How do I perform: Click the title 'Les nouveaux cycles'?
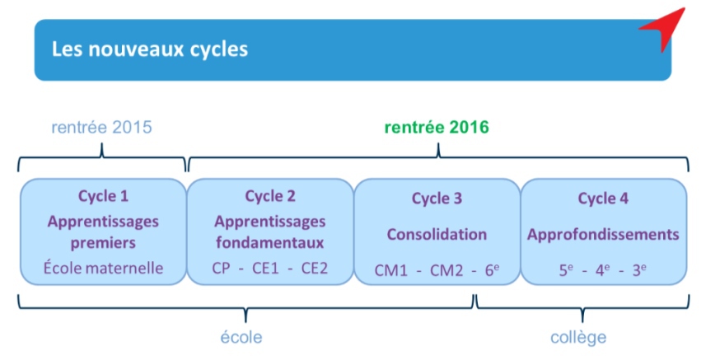coord(150,49)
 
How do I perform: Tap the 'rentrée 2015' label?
coord(102,128)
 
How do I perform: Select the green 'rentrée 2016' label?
coord(437,128)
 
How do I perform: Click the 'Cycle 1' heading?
coord(104,196)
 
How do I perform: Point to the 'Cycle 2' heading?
coord(270,196)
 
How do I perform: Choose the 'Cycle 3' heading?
coord(437,199)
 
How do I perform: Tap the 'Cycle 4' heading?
coord(603,199)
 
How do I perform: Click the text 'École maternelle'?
coord(104,269)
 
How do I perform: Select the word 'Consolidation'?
coord(437,235)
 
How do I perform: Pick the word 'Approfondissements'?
coord(603,235)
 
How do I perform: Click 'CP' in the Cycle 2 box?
coord(221,269)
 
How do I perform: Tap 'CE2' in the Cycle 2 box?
coord(314,269)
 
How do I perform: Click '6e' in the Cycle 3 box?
coord(492,270)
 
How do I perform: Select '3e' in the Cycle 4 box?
coord(639,270)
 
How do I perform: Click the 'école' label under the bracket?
coord(241,338)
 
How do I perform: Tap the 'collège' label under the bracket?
coord(578,338)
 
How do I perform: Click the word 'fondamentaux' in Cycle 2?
coord(270,243)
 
